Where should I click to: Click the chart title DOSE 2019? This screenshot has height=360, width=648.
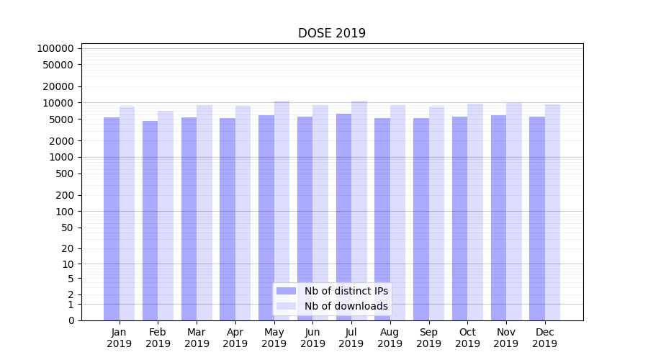[x=332, y=33]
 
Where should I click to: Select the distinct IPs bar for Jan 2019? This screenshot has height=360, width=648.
[x=112, y=216]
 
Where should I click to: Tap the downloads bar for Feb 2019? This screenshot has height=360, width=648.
[x=166, y=216]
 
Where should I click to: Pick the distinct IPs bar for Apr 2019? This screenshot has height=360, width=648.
[x=228, y=216]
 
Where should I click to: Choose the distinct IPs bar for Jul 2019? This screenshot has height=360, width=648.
[x=343, y=216]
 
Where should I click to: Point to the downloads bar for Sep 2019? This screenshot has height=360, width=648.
[x=436, y=216]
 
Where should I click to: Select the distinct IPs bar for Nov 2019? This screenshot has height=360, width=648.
[x=498, y=216]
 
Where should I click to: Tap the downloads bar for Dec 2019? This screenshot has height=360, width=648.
[x=553, y=216]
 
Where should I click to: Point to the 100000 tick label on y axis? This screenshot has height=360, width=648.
[x=55, y=48]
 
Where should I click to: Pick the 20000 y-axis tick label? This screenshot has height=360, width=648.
[x=58, y=86]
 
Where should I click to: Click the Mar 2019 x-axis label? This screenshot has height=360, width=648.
[x=197, y=338]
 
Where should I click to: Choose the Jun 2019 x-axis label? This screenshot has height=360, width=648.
[x=312, y=338]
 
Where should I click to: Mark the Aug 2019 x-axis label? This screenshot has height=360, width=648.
[x=390, y=338]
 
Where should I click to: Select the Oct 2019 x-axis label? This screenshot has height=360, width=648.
[x=467, y=338]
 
